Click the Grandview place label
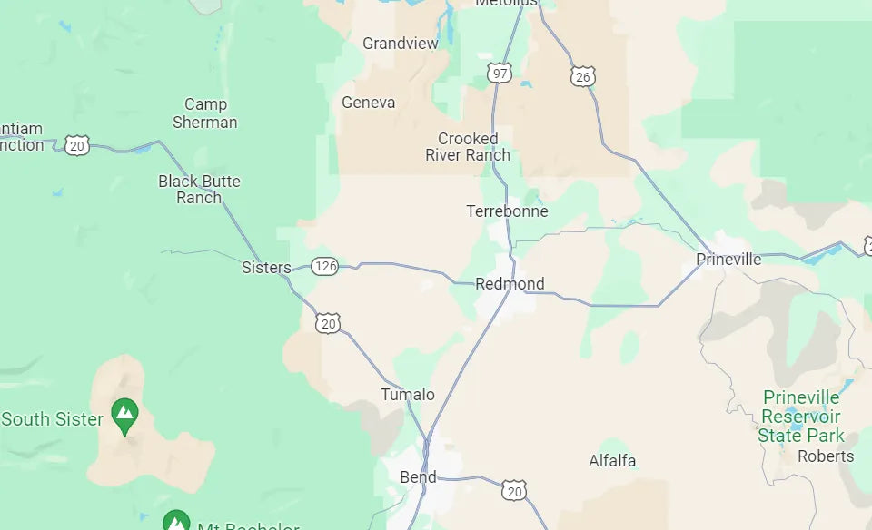(x=400, y=44)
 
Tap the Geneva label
(x=368, y=103)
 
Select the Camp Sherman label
(x=205, y=113)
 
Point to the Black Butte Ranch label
(x=199, y=189)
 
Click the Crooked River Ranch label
(x=468, y=147)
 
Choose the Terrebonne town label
(x=507, y=211)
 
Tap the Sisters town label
(x=266, y=268)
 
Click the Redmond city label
(x=510, y=284)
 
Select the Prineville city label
(x=728, y=260)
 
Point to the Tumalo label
(x=408, y=395)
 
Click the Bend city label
(x=418, y=477)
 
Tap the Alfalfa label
(x=612, y=461)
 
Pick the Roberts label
(x=826, y=456)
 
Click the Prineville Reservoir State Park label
(x=801, y=417)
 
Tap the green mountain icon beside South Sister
(x=124, y=414)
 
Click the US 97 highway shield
(x=499, y=74)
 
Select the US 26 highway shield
(x=583, y=77)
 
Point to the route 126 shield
(x=324, y=266)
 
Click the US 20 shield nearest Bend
(x=514, y=490)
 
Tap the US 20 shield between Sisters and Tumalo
(x=329, y=322)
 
